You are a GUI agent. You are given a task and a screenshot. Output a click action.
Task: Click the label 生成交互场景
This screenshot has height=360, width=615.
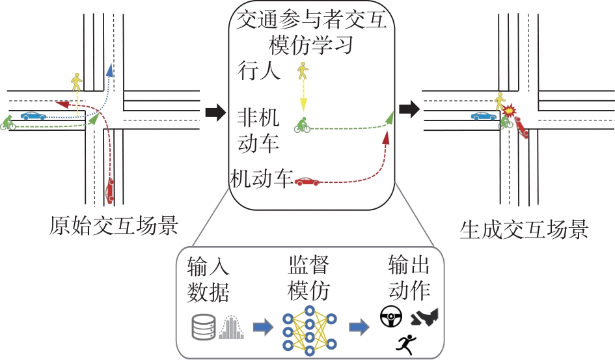(x=524, y=228)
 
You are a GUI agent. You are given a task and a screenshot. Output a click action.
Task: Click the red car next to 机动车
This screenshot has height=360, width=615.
(x=307, y=182)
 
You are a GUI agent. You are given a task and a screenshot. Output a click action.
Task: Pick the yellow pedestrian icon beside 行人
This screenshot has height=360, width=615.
(x=302, y=71)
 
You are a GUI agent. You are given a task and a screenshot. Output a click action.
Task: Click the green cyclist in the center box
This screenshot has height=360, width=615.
(x=301, y=125)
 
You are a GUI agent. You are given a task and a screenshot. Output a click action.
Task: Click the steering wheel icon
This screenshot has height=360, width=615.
(x=390, y=318)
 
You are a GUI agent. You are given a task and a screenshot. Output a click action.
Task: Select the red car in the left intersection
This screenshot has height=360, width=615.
(x=109, y=190)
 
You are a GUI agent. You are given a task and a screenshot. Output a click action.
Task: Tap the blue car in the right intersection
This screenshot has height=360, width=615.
(x=483, y=117)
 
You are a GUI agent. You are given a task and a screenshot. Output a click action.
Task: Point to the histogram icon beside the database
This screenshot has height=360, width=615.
(x=232, y=327)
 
